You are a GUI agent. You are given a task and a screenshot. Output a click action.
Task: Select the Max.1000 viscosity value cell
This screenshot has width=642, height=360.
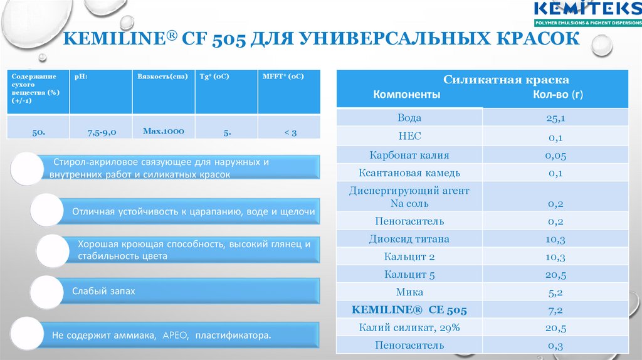point(163,131)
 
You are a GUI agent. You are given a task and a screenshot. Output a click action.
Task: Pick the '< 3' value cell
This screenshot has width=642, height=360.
point(289,132)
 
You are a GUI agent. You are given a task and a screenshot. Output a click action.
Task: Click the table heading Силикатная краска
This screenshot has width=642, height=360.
point(506,80)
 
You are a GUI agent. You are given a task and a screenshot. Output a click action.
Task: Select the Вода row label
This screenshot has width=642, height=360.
point(409,118)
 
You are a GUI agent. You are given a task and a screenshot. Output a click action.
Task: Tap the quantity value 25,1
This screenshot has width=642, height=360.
point(555,118)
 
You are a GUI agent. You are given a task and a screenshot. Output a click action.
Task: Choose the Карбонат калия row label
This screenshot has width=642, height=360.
point(409,155)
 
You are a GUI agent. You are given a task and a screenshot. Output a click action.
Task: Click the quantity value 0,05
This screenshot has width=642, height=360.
point(555,155)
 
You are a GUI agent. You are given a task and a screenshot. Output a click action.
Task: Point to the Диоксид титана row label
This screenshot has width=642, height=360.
point(409,239)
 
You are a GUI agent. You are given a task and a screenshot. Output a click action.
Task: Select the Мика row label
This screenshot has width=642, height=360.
point(409,292)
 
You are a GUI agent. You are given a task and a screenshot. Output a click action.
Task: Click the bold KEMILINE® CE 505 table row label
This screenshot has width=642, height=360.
point(409,310)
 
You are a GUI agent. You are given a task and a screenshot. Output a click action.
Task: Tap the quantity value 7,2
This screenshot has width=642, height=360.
point(555,310)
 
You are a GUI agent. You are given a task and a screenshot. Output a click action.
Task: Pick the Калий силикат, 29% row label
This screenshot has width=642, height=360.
point(409,327)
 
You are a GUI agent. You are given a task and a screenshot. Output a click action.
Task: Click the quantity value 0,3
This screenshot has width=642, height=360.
point(555,345)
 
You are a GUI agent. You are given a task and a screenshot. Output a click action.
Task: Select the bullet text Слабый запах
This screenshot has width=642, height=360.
point(103,292)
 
